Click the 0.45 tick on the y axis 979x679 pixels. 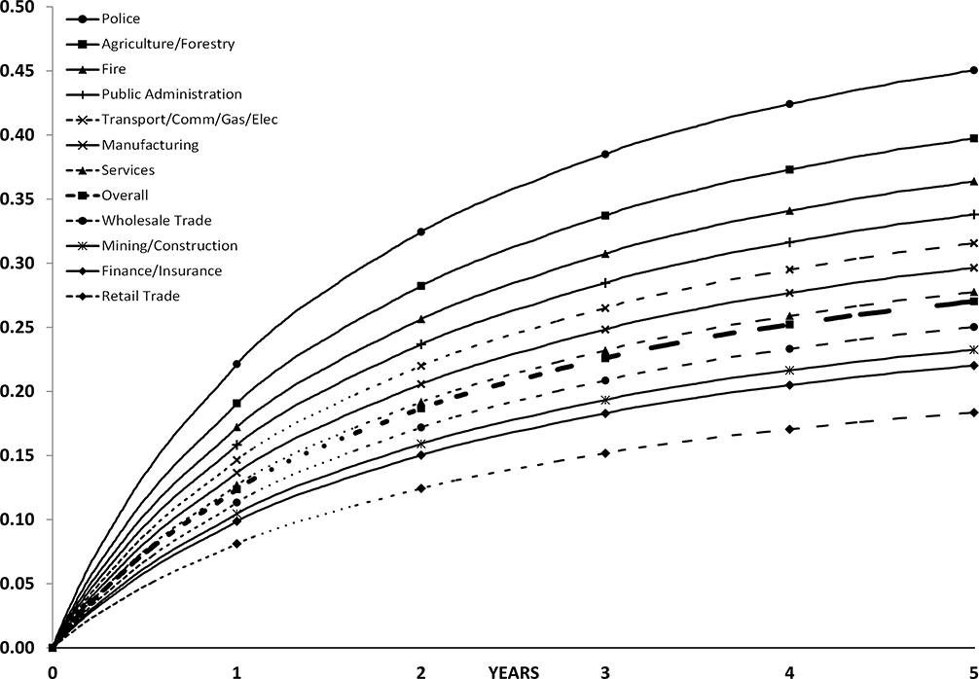click(18, 71)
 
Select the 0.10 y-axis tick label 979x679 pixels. click(18, 519)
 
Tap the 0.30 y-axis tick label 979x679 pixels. click(18, 263)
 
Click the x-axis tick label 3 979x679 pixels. click(605, 670)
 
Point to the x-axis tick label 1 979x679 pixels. click(236, 670)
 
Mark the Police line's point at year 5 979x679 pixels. click(973, 70)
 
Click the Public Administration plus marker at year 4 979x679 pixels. click(789, 242)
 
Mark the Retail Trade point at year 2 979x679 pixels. click(420, 488)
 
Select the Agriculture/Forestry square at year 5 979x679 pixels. click(973, 138)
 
